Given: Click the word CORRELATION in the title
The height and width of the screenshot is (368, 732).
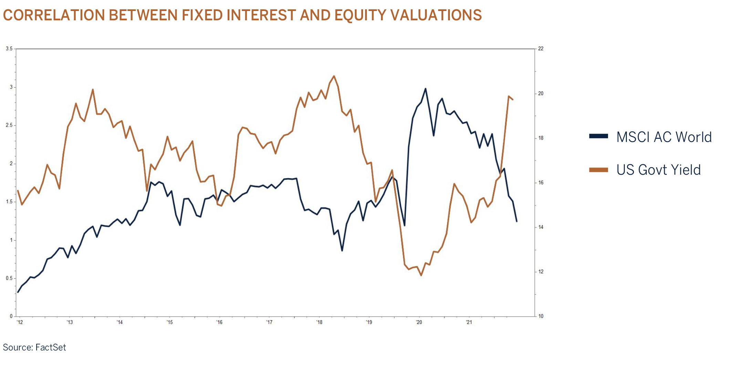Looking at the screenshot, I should coord(54,15).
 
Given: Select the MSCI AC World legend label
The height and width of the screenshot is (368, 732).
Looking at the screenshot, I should coord(664,137).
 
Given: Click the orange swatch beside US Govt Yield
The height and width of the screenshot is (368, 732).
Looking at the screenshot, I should coord(598,170).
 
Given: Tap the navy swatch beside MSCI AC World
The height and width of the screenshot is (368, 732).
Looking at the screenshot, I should coord(598,136).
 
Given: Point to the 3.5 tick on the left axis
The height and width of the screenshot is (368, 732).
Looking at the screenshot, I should coord(9,49).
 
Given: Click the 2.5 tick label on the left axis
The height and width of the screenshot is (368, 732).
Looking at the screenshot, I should coord(9,125).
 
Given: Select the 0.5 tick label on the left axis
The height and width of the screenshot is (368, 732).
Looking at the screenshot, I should coord(9,278).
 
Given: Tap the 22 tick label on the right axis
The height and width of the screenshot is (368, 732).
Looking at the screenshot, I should coord(541,49).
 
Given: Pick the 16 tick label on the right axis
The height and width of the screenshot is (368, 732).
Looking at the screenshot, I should coord(541,183).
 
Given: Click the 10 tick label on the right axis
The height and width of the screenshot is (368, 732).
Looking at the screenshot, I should coord(541,316).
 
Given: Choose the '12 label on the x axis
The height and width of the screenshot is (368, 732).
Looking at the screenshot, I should coord(20,323).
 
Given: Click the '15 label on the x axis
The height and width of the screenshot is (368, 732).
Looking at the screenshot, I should coord(169,323).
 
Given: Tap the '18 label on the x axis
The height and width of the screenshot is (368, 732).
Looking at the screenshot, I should coord(319,323).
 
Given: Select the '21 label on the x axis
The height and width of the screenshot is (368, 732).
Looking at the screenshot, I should coord(469,323).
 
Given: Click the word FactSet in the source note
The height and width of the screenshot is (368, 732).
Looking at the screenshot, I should coord(51,347).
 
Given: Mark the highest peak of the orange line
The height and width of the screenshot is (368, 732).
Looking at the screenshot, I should coord(334,76).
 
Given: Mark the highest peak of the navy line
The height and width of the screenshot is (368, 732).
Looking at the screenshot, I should coord(425,89).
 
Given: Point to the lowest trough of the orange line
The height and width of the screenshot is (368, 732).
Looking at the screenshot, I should coord(421,275).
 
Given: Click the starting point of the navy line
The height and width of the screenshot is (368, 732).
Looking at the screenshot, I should coord(18,292).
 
